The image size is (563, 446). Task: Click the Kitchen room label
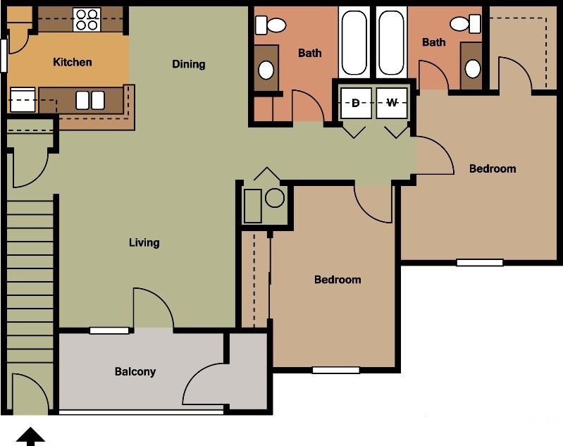click(x=73, y=62)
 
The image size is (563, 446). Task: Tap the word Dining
click(x=189, y=64)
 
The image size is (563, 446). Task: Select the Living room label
click(x=144, y=242)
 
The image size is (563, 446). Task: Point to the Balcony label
click(x=135, y=371)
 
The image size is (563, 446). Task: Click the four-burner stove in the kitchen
click(x=87, y=19)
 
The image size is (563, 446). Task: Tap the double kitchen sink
click(x=90, y=101)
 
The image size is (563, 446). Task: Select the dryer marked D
click(x=356, y=104)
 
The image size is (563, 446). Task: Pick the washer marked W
click(x=392, y=104)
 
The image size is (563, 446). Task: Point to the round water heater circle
click(x=275, y=198)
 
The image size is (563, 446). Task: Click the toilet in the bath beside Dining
click(x=271, y=25)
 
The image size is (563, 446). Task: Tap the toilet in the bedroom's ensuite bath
click(x=465, y=25)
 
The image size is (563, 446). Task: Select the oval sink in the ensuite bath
click(x=472, y=68)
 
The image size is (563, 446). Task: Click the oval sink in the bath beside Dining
click(x=266, y=70)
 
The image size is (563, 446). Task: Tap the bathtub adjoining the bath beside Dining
click(x=354, y=42)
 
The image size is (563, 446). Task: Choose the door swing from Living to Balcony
click(x=151, y=308)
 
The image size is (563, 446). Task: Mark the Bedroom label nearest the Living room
click(x=338, y=280)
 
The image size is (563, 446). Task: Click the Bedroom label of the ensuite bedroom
click(x=493, y=168)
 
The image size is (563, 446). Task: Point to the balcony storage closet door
click(x=204, y=384)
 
